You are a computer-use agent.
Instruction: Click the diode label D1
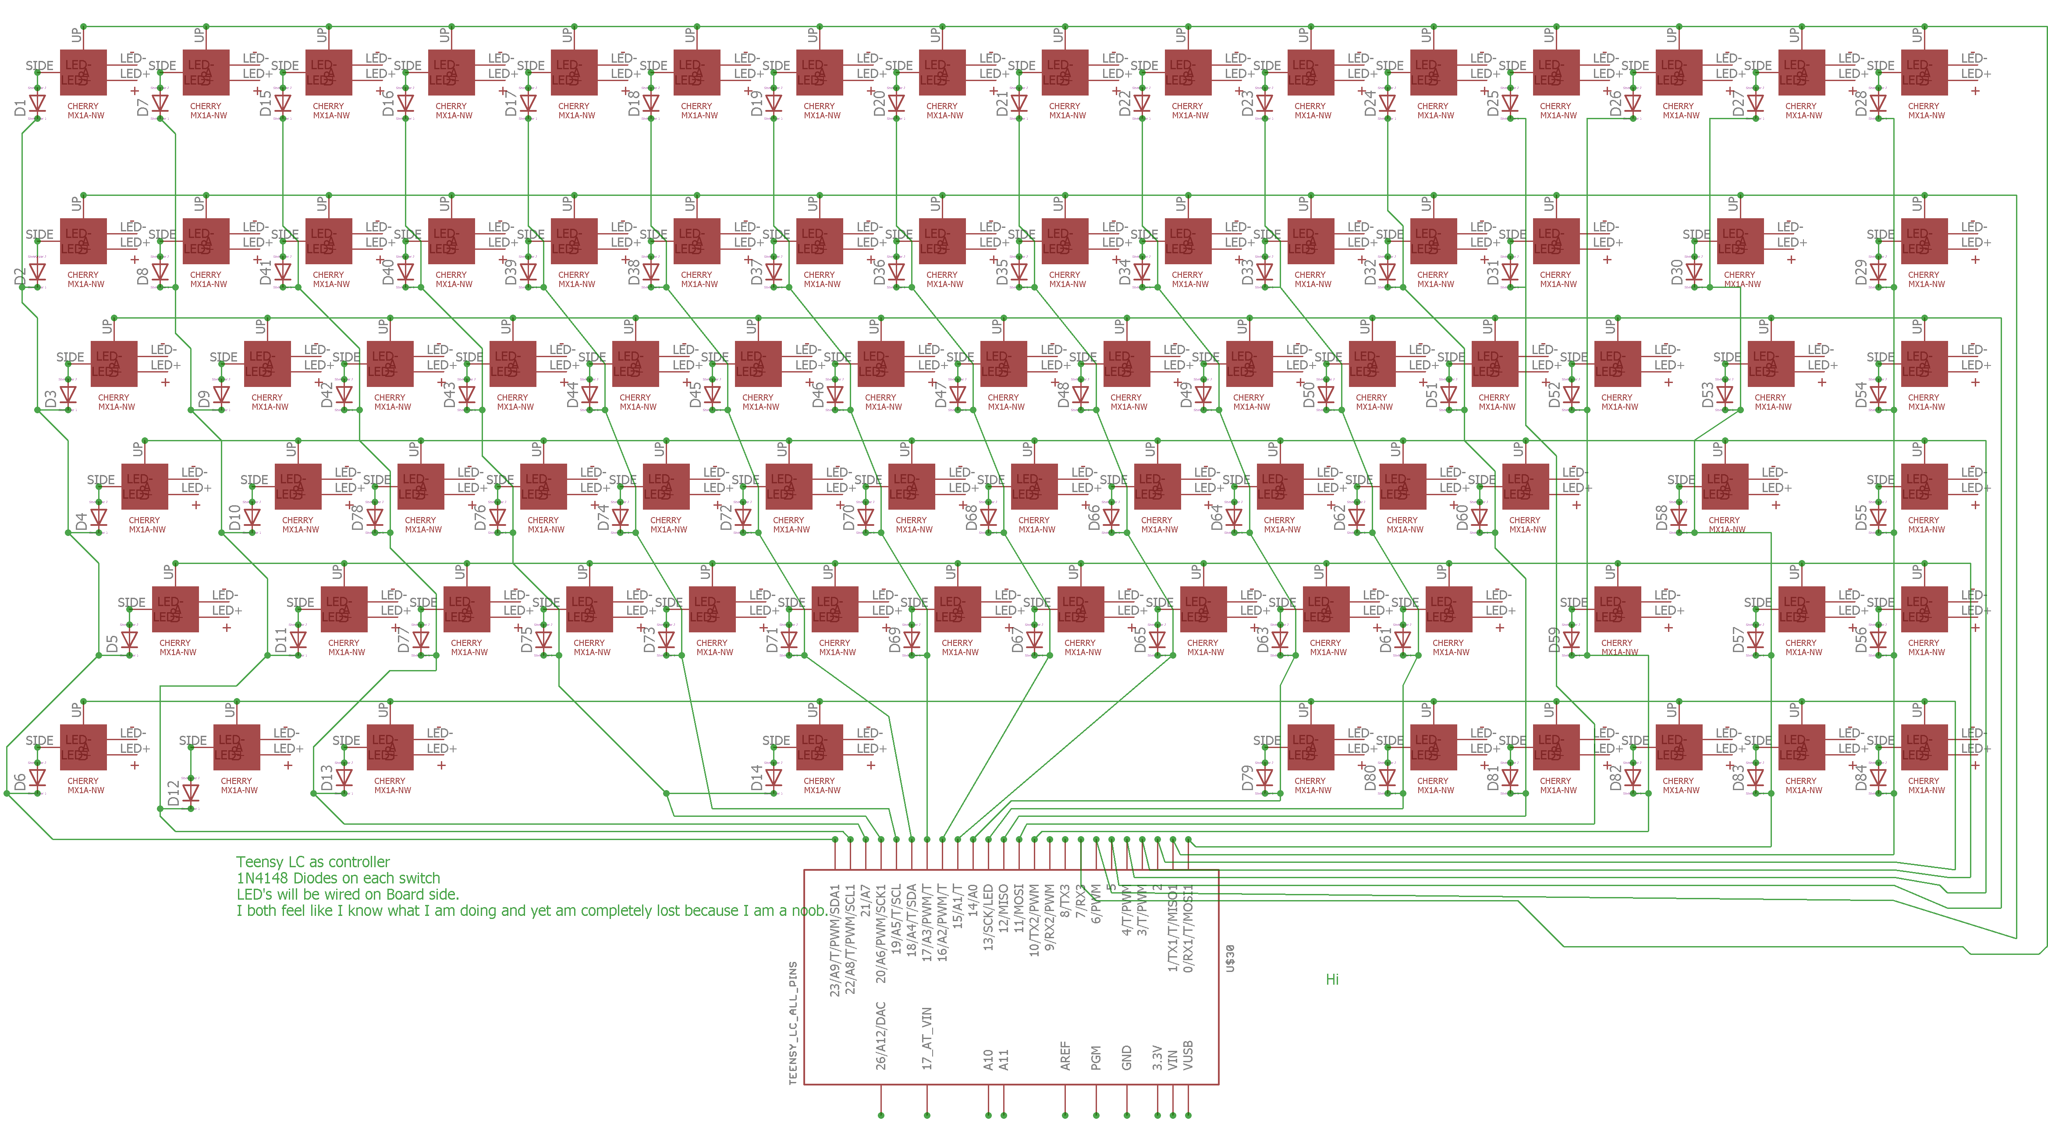tap(20, 106)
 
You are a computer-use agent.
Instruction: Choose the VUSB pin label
tap(1189, 1055)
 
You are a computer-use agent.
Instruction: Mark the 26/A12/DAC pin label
tap(881, 1036)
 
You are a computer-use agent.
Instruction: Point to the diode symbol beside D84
tap(1879, 777)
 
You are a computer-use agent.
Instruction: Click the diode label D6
tap(20, 783)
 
